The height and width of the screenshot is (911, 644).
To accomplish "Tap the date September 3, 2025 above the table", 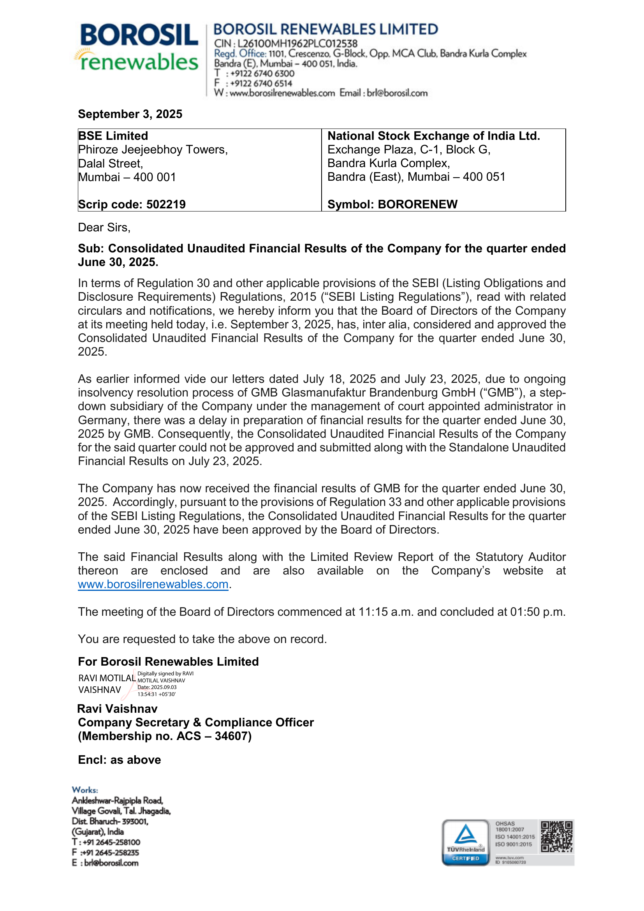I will pyautogui.click(x=130, y=114).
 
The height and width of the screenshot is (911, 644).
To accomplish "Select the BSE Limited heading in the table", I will pyautogui.click(x=113, y=136).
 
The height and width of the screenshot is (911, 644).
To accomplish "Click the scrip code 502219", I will pyautogui.click(x=166, y=204).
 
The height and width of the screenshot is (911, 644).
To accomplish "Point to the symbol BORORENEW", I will pyautogui.click(x=417, y=204).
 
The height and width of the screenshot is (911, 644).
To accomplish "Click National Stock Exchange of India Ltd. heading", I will pyautogui.click(x=433, y=136).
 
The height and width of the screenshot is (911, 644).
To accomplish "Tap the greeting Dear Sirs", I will pyautogui.click(x=104, y=227).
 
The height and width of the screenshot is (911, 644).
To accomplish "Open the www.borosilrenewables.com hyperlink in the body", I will pyautogui.click(x=153, y=585).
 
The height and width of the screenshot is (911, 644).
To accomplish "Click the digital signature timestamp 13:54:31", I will pyautogui.click(x=147, y=694).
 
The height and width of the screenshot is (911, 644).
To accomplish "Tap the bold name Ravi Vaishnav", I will pyautogui.click(x=117, y=708).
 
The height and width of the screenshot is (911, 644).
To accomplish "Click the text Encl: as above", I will pyautogui.click(x=120, y=760).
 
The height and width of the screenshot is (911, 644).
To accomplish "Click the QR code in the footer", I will pyautogui.click(x=557, y=836).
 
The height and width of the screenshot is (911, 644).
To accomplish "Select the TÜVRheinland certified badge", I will pyautogui.click(x=466, y=842).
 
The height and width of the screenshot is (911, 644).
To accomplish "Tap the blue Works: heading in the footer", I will pyautogui.click(x=85, y=790).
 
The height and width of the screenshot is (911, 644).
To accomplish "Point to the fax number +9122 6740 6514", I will pyautogui.click(x=261, y=83).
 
